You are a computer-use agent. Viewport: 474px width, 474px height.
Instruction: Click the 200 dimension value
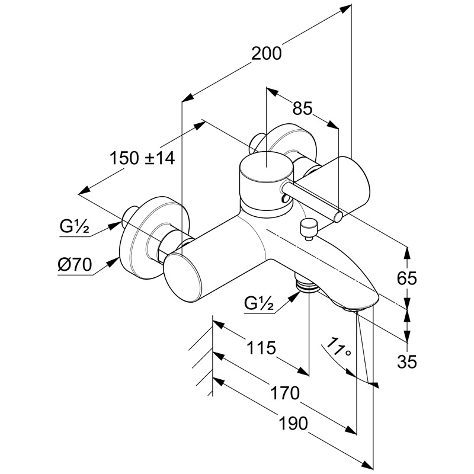pos(265,53)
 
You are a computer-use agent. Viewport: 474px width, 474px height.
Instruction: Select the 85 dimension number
pos(302,108)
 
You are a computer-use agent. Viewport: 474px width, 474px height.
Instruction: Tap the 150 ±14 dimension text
pos(142,158)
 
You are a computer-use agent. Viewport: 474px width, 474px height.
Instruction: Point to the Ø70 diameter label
pos(75,265)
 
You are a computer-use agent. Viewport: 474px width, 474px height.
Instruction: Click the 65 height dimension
pos(408,277)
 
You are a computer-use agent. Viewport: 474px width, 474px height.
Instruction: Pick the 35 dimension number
pos(408,360)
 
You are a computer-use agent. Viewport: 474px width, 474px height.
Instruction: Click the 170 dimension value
pos(286,393)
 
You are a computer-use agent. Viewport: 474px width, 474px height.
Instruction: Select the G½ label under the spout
pos(259,304)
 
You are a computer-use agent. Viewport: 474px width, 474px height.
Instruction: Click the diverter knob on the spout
pos(308,227)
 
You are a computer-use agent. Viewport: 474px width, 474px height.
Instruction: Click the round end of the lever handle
pos(338,216)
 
